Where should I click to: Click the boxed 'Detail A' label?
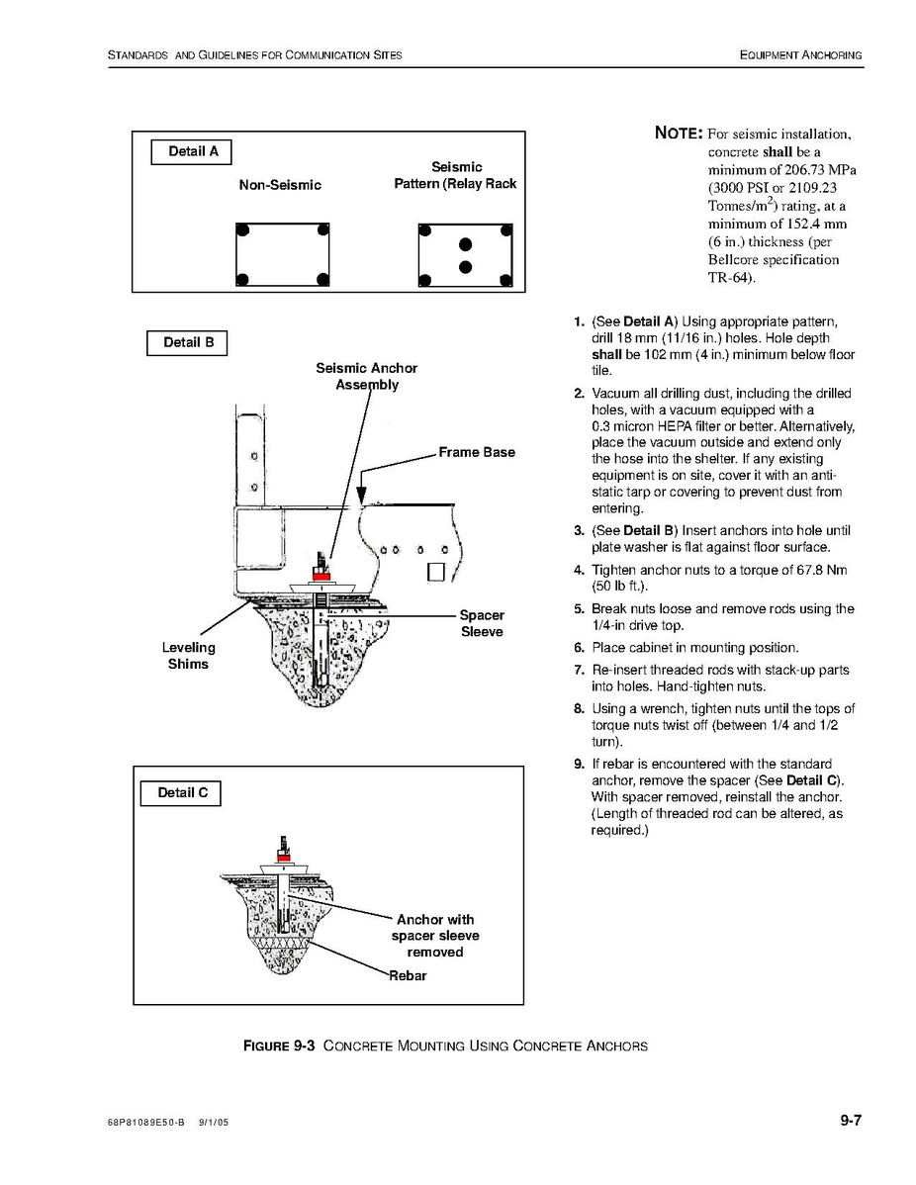(192, 152)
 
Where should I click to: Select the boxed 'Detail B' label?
(187, 343)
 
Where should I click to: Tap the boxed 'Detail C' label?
(181, 793)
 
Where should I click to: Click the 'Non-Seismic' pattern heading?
(280, 185)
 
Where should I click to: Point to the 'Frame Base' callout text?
(477, 452)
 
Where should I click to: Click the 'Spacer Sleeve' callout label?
(482, 623)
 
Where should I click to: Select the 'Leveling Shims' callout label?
(188, 656)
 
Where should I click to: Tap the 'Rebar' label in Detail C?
(408, 975)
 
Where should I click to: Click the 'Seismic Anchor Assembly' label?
(367, 376)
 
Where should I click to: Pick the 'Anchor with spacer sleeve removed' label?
(435, 936)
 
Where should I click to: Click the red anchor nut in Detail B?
(321, 574)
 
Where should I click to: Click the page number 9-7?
(851, 1121)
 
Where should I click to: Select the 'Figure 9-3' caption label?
(279, 1046)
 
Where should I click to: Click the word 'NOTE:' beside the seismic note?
(679, 134)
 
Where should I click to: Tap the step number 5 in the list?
(580, 609)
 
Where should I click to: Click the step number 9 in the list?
(580, 764)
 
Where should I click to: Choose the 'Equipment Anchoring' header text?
(800, 54)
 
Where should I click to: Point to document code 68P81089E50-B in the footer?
(146, 1123)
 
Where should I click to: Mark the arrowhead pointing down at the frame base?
(363, 500)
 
